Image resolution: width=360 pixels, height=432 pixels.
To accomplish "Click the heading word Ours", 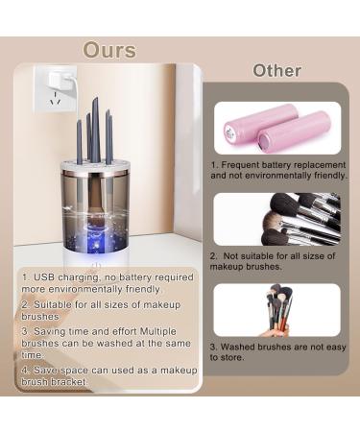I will coord(108,49).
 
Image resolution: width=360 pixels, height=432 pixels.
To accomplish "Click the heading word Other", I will coord(276,70).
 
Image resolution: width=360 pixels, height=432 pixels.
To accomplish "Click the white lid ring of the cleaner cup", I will coord(108,168).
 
